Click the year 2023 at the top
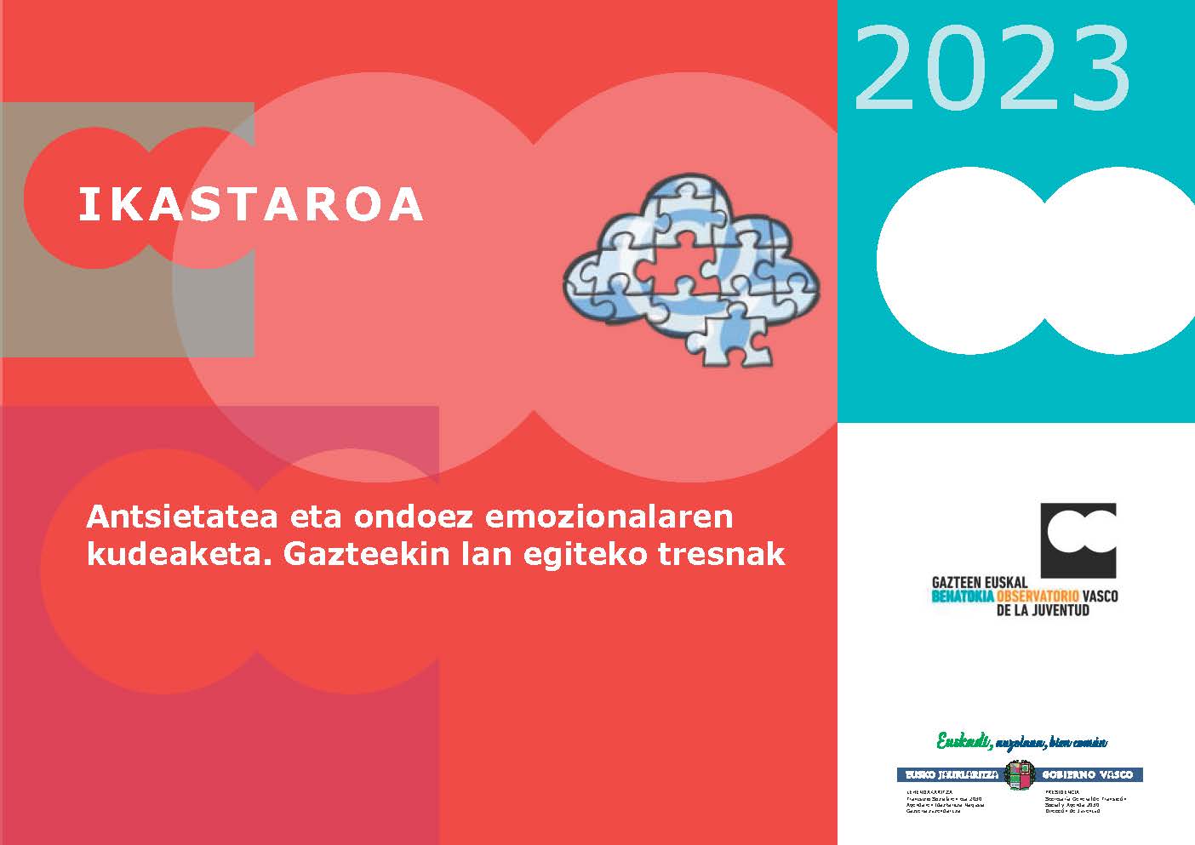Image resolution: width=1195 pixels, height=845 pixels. tap(992, 69)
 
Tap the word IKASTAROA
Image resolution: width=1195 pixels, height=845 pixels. tap(251, 204)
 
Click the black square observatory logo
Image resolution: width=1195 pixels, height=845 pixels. tap(1078, 540)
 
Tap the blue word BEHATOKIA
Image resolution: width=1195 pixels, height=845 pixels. tap(963, 597)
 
